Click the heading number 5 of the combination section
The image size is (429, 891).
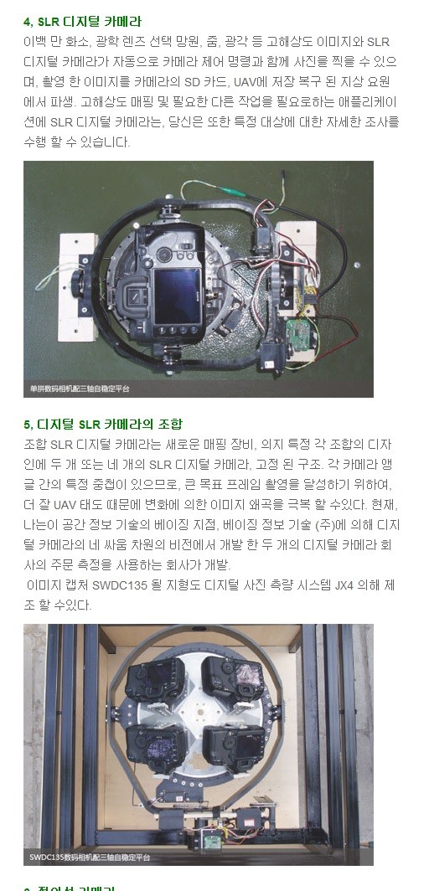pyautogui.click(x=27, y=425)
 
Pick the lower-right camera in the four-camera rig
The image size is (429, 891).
pyautogui.click(x=239, y=739)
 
